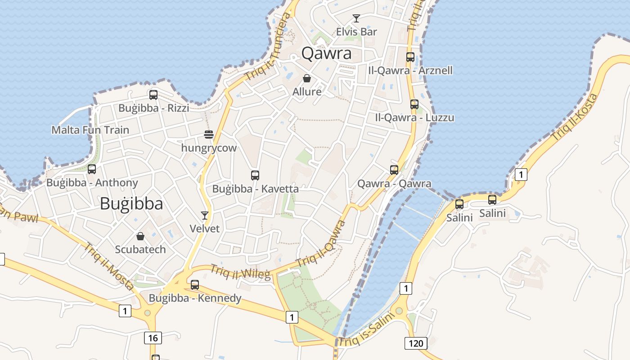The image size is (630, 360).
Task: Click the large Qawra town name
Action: [x=326, y=54]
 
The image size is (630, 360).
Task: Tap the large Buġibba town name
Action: [x=131, y=204]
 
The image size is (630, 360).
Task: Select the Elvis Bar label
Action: [x=356, y=32]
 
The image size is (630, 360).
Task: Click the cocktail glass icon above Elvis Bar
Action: [x=356, y=18]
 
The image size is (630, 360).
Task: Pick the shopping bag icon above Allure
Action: [x=307, y=79]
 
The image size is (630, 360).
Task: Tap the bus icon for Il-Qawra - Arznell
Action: [x=410, y=57]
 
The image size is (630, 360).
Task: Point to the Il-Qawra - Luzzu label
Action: [x=414, y=118]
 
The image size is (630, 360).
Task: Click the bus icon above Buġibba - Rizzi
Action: [x=153, y=95]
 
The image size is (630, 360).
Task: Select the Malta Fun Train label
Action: [x=90, y=130]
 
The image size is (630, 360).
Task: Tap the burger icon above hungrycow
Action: [x=208, y=135]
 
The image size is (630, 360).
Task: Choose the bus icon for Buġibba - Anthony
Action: [x=92, y=169]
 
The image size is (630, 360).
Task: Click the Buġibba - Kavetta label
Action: [x=255, y=189]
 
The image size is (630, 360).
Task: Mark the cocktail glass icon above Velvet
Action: [x=205, y=216]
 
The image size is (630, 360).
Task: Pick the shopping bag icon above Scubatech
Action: [x=140, y=236]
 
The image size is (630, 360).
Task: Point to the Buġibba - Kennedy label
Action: [x=195, y=298]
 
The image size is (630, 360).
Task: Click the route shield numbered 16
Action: [x=153, y=338]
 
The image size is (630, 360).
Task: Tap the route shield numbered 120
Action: [x=416, y=344]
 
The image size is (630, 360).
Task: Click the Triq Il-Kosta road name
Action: [x=576, y=117]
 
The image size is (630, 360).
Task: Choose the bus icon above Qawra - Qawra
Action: [x=394, y=170]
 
